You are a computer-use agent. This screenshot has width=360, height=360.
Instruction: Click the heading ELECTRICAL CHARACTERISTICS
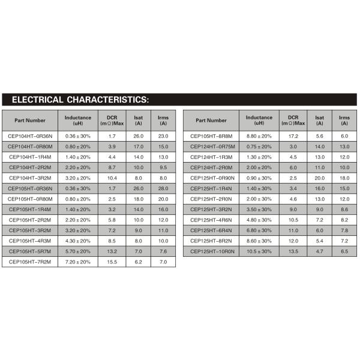(x=80, y=99)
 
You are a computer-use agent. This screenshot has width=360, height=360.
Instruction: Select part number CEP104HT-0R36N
(x=30, y=136)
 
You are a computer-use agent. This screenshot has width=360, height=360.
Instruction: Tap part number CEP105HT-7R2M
(x=30, y=262)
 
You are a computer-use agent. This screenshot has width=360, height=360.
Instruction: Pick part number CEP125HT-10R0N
(x=212, y=251)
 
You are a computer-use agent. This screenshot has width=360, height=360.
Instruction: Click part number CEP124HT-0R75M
(x=212, y=146)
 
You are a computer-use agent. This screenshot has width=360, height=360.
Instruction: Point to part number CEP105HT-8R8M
(x=212, y=136)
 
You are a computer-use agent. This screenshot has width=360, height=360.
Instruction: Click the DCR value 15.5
(x=112, y=262)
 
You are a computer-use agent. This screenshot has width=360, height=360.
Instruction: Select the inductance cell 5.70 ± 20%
(x=78, y=251)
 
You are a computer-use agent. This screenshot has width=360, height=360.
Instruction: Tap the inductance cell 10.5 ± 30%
(x=259, y=251)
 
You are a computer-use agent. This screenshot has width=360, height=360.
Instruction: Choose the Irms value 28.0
(x=163, y=188)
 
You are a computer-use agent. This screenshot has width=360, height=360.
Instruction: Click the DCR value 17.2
(x=293, y=136)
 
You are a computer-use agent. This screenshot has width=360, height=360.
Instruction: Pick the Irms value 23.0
(x=163, y=136)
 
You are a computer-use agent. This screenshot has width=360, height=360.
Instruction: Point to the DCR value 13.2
(x=112, y=251)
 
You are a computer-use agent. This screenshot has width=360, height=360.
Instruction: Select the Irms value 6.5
(x=344, y=251)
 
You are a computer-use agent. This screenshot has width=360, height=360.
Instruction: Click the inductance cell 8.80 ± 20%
(x=259, y=136)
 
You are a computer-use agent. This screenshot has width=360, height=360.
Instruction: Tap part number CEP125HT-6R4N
(x=212, y=230)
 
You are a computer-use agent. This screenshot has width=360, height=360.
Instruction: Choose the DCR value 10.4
(x=112, y=178)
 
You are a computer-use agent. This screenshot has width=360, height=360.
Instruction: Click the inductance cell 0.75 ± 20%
(x=259, y=146)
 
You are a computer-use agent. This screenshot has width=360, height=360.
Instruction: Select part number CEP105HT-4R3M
(x=30, y=241)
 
